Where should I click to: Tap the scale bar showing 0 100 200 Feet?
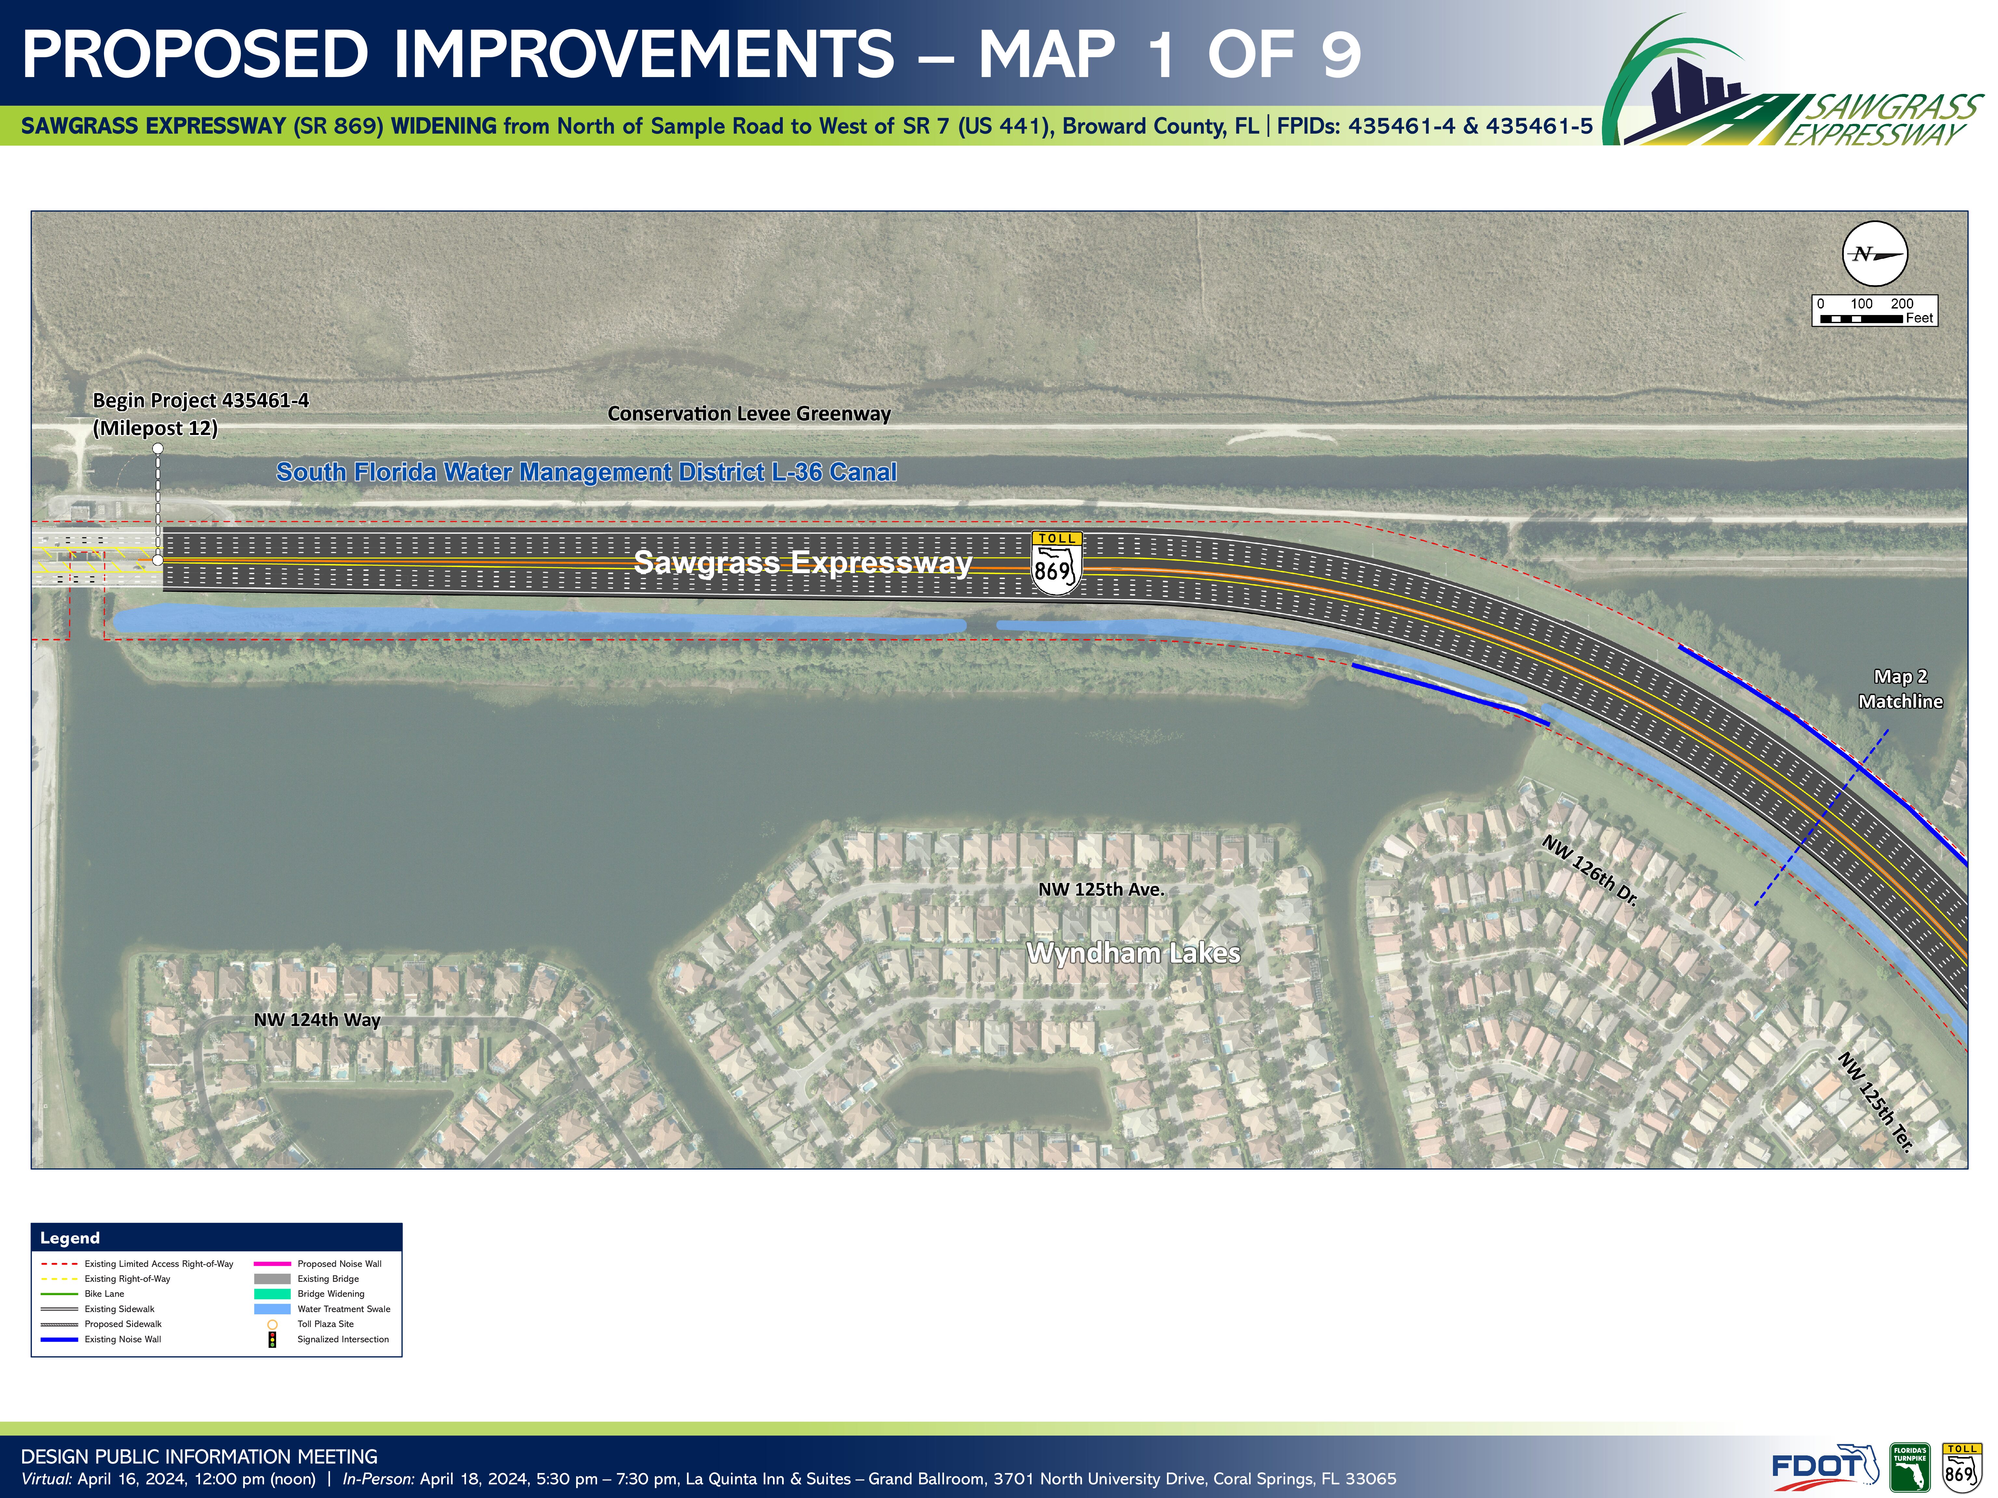(x=1874, y=310)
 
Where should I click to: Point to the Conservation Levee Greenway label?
(x=749, y=414)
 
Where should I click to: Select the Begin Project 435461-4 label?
(x=201, y=414)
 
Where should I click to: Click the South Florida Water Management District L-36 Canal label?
(x=586, y=472)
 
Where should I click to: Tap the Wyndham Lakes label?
(x=1134, y=953)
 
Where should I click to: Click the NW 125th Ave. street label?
(x=1101, y=889)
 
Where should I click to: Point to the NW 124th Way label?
(x=317, y=1019)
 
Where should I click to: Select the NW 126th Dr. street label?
(x=1590, y=870)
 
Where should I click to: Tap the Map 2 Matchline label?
(x=1900, y=689)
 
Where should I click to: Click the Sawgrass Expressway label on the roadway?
(x=803, y=562)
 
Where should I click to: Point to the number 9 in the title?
(x=1341, y=54)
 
